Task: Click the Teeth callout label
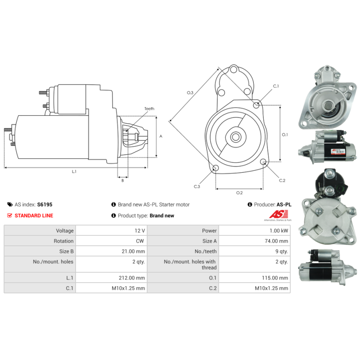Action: tap(149, 109)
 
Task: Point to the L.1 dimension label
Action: tap(74, 171)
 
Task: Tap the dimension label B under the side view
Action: tap(122, 180)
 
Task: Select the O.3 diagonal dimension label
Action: tap(190, 93)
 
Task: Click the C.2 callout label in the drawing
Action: tap(282, 180)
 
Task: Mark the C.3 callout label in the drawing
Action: tap(197, 186)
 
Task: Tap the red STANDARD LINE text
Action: tap(34, 216)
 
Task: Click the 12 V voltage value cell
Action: tap(140, 230)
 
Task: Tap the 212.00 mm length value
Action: tap(131, 278)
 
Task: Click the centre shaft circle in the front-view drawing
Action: tap(235, 136)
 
